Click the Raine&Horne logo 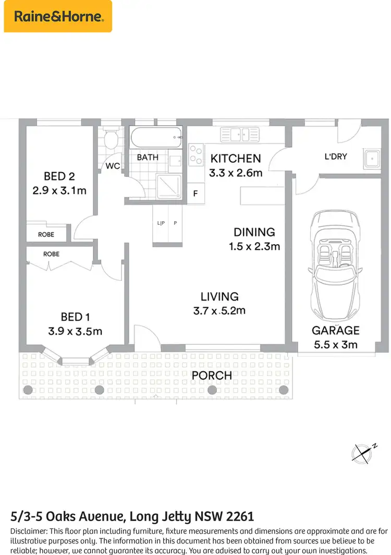point(58,16)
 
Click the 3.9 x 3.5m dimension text point(75,331)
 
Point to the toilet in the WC point(110,140)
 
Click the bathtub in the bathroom point(156,139)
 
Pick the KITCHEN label point(235,159)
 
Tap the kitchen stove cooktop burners point(195,154)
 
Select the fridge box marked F point(195,194)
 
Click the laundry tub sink point(372,159)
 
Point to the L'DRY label point(336,156)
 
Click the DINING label point(254,232)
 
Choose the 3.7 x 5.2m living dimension point(219,310)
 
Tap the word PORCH point(212,375)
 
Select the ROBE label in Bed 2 point(46,235)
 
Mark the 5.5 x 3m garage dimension point(335,344)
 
